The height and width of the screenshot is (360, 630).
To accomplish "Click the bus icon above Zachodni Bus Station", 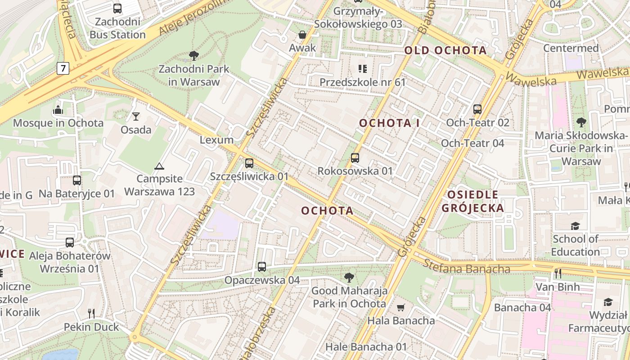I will tap(117, 8).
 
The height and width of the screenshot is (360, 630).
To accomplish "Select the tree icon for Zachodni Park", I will tap(194, 56).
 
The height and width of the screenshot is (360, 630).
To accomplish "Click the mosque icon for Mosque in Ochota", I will tap(58, 110).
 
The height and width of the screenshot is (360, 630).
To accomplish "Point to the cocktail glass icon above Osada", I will tap(136, 117).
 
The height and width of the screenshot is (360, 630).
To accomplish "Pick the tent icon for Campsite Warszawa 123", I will tap(159, 166).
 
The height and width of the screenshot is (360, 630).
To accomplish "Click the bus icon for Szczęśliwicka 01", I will tap(249, 163).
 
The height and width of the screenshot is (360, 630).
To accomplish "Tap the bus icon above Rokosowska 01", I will tap(355, 158).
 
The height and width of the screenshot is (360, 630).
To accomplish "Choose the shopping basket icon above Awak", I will tap(302, 35).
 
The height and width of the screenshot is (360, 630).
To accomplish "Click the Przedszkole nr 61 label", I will tap(363, 82).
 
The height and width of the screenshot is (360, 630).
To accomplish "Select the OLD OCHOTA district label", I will tap(445, 50).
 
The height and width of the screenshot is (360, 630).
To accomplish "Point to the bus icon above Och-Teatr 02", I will tap(477, 109).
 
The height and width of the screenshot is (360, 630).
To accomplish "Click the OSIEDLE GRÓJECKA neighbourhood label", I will tap(472, 201).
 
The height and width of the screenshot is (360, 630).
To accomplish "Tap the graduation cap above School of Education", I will tap(575, 225).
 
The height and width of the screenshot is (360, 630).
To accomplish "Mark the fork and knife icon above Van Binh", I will tap(558, 273).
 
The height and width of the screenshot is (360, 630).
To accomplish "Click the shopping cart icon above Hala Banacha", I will tap(401, 308).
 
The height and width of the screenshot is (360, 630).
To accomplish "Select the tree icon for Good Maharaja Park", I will tap(349, 278).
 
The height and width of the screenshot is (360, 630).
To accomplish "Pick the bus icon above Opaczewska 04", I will tap(262, 267).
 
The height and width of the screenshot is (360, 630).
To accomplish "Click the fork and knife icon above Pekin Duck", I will tap(91, 314).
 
